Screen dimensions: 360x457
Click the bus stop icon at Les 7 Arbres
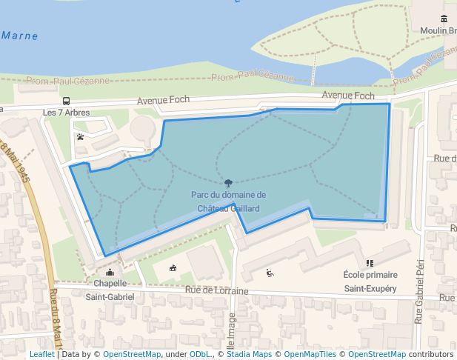click(x=66, y=101)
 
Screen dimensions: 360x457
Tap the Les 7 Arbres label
click(x=66, y=113)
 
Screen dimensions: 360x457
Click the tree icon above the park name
click(x=228, y=182)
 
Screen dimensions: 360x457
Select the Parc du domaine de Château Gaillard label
click(x=228, y=201)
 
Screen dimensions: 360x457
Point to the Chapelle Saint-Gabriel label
click(x=110, y=290)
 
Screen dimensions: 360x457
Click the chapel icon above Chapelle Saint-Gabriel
click(x=110, y=272)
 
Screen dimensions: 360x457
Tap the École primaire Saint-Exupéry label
click(x=370, y=281)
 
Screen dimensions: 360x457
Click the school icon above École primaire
click(x=370, y=262)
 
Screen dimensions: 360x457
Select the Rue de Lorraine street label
click(x=217, y=291)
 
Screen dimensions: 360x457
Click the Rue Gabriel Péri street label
click(x=419, y=291)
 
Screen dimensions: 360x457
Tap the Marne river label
click(x=19, y=36)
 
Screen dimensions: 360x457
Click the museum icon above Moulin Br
click(x=444, y=19)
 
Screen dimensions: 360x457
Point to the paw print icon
click(x=80, y=136)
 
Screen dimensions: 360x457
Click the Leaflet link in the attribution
click(x=41, y=354)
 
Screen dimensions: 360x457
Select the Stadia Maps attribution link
click(x=247, y=354)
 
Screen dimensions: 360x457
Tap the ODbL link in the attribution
click(x=199, y=354)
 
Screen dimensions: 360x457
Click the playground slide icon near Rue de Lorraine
click(x=270, y=273)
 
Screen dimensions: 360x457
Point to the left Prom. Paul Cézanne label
click(x=68, y=81)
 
